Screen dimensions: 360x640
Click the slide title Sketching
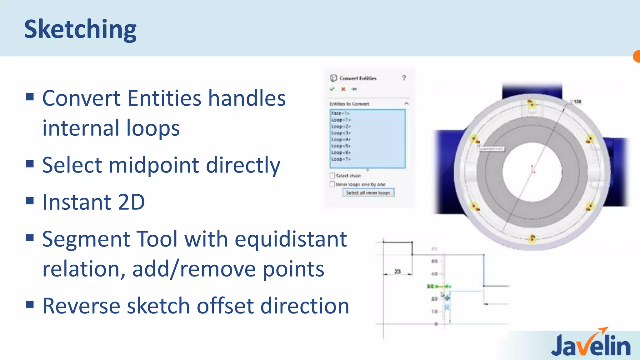pyautogui.click(x=80, y=29)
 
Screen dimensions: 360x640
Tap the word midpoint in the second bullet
pyautogui.click(x=153, y=165)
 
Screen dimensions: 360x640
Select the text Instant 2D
pyautogui.click(x=93, y=202)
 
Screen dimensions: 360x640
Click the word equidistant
pyautogui.click(x=291, y=239)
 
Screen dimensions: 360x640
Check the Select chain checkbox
pyautogui.click(x=332, y=176)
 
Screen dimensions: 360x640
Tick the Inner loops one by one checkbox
pyautogui.click(x=332, y=184)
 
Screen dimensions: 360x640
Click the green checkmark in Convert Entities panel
pyautogui.click(x=332, y=89)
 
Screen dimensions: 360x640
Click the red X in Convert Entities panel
pyautogui.click(x=343, y=89)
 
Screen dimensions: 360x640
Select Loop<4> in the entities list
pyautogui.click(x=341, y=139)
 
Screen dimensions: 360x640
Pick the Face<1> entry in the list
pyautogui.click(x=340, y=113)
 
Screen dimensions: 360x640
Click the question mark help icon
pyautogui.click(x=404, y=78)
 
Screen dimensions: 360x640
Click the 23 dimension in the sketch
pyautogui.click(x=397, y=271)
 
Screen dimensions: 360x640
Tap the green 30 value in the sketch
pyautogui.click(x=430, y=286)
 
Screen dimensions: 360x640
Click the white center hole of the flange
pyautogui.click(x=532, y=172)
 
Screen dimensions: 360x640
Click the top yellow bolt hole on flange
pyautogui.click(x=530, y=103)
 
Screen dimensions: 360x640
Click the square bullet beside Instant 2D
pyautogui.click(x=30, y=201)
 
